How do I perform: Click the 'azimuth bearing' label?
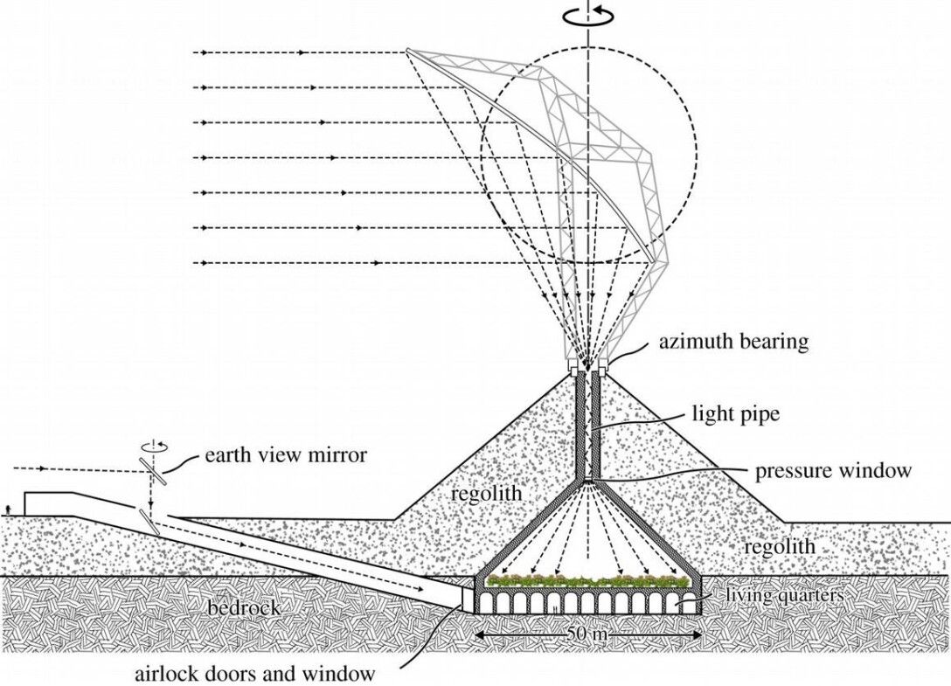pyautogui.click(x=733, y=343)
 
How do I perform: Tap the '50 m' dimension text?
pyautogui.click(x=586, y=635)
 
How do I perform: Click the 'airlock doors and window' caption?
pyautogui.click(x=255, y=674)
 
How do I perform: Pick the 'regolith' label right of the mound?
pyautogui.click(x=779, y=546)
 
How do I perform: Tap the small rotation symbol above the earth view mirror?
pyautogui.click(x=154, y=447)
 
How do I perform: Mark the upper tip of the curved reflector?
pyautogui.click(x=409, y=50)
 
